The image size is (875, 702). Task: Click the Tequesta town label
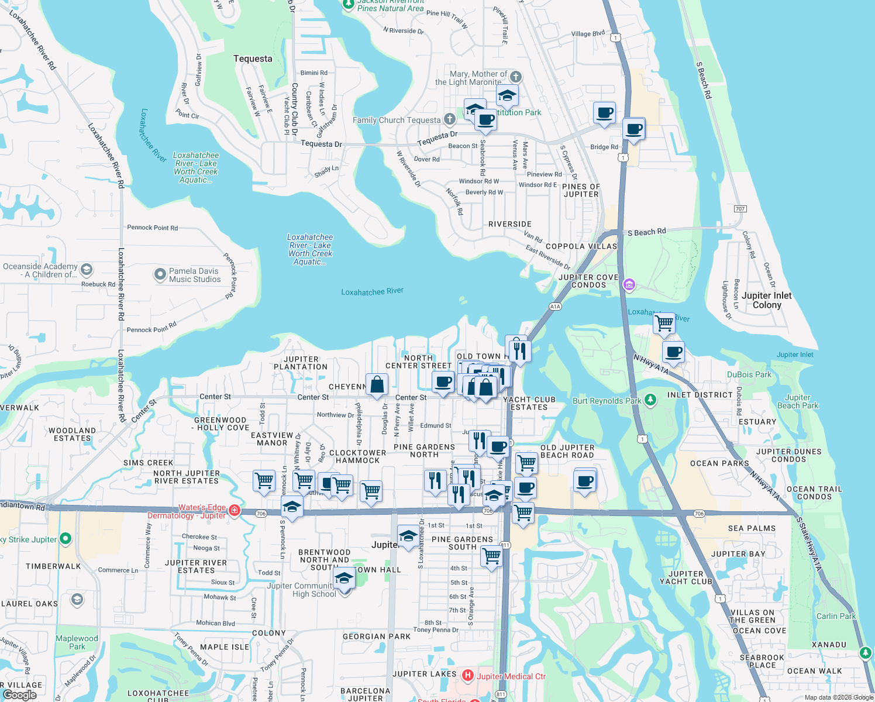[x=253, y=58]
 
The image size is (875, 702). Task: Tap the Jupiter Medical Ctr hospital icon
[x=467, y=676]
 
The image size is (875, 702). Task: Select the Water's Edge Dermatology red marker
[x=235, y=511]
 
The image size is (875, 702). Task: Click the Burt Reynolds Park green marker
[x=650, y=400]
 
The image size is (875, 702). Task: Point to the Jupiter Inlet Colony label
[x=766, y=300]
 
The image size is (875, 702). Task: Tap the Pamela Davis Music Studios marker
[x=160, y=274]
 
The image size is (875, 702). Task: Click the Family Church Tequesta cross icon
[x=449, y=119]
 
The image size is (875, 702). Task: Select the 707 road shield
[x=740, y=209]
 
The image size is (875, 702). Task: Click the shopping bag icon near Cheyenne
[x=377, y=384]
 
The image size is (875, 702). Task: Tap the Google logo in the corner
[x=19, y=694]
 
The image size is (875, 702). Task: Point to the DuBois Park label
[x=749, y=374]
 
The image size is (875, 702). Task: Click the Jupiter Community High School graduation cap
[x=345, y=579]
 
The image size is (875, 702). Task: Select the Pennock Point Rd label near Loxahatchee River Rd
[x=152, y=228]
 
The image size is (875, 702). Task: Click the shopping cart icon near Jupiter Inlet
[x=664, y=323]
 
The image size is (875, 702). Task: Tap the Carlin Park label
[x=836, y=616]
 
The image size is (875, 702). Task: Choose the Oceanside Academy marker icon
[x=87, y=270]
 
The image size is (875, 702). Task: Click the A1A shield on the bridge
[x=555, y=307]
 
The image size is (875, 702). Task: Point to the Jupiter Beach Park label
[x=798, y=401]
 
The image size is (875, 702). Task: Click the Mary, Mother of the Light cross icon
[x=515, y=77]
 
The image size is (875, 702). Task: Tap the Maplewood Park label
[x=77, y=642]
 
